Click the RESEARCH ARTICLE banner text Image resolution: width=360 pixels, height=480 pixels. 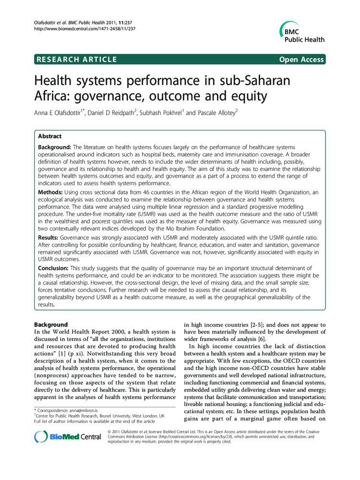click(76, 60)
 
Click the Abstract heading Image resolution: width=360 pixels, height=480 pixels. click(52, 136)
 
